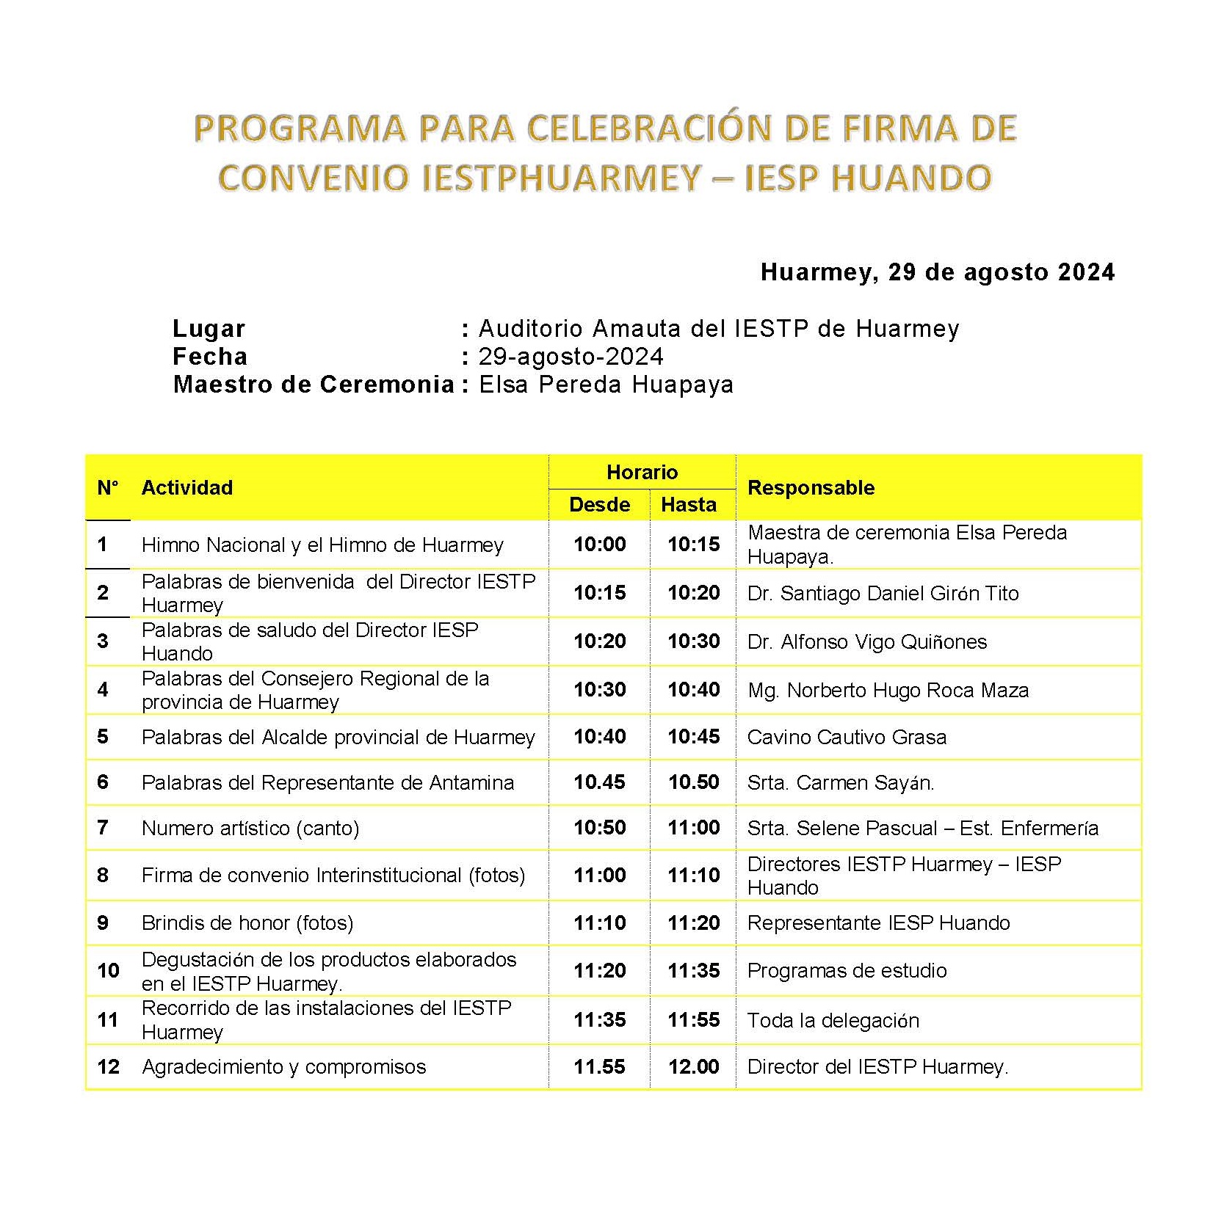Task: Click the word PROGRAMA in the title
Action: click(300, 128)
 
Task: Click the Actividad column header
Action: click(187, 488)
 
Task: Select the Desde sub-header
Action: click(599, 505)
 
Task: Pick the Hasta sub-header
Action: click(688, 505)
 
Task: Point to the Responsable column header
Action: click(811, 488)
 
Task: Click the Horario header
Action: click(642, 472)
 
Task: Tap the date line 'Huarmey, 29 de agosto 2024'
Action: click(937, 272)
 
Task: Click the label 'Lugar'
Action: click(209, 329)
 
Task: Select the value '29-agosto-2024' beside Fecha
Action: click(571, 357)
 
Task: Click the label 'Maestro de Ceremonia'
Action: click(314, 385)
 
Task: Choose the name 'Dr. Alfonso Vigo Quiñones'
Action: click(866, 642)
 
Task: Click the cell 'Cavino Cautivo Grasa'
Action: click(847, 738)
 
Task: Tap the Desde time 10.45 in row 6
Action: click(599, 782)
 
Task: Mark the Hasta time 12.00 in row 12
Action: click(693, 1067)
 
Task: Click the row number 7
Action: click(103, 828)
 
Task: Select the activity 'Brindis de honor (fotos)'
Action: click(247, 923)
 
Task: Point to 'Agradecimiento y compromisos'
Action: click(283, 1067)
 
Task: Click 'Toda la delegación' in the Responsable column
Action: click(833, 1021)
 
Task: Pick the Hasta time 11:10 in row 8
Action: click(693, 876)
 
